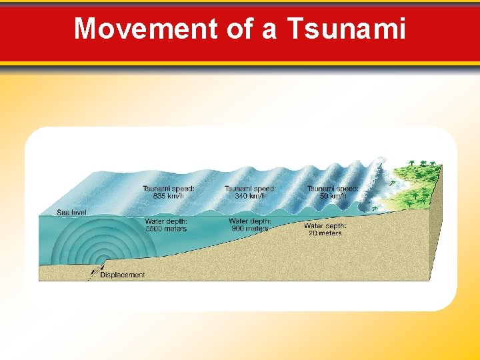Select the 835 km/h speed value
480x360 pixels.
pos(169,196)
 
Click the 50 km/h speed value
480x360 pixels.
pos(333,196)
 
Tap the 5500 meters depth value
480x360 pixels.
pos(166,229)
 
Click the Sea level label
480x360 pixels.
pos(71,213)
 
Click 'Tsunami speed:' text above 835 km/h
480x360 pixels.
pos(169,189)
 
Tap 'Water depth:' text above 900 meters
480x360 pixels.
pos(250,221)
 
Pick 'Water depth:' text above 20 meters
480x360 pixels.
pos(325,226)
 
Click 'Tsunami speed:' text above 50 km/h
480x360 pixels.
pos(333,189)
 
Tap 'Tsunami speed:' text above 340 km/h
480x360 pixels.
pos(251,189)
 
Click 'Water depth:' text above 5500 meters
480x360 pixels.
pos(166,221)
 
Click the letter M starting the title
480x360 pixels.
pos(84,29)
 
